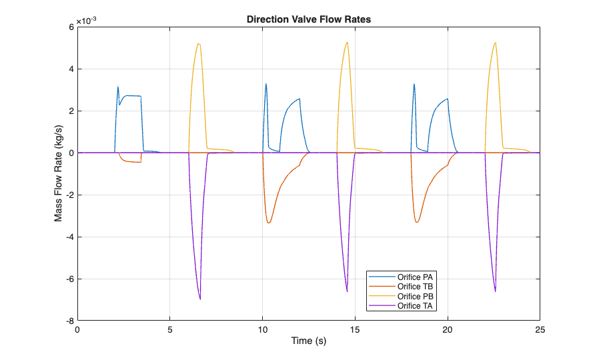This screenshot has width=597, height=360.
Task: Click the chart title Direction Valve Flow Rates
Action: coord(308,19)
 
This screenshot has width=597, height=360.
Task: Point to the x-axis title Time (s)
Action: coord(308,341)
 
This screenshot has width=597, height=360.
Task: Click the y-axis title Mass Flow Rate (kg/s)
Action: coord(59,173)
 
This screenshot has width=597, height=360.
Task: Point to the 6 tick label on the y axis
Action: coord(69,27)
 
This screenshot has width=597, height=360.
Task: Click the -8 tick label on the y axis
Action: coord(67,321)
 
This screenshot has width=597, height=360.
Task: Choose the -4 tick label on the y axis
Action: coord(67,237)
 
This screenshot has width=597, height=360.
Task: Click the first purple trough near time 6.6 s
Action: coord(200,299)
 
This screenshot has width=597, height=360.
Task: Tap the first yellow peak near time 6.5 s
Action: coord(198,44)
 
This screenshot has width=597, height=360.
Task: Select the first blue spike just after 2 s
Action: coord(118,87)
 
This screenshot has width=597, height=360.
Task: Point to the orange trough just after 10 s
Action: coord(269,223)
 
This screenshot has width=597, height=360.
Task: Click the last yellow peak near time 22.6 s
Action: coord(495,43)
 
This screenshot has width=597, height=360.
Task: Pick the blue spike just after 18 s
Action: coord(414,84)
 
